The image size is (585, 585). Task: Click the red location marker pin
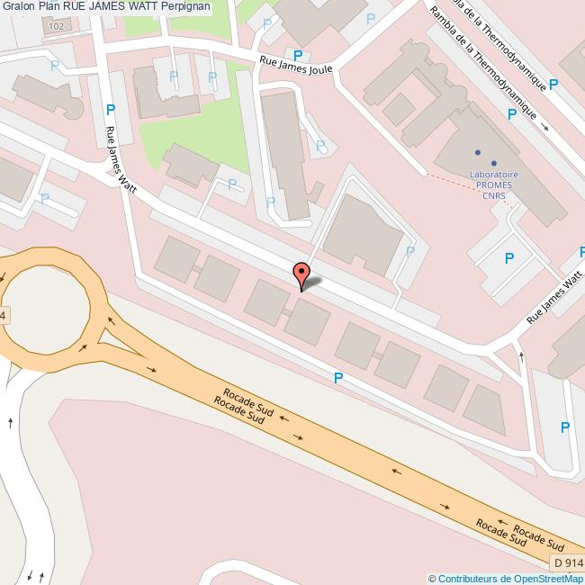(301, 274)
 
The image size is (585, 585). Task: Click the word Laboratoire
(494, 175)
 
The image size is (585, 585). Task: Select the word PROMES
(494, 186)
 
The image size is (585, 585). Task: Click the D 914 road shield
(568, 563)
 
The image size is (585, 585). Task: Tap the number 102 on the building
(57, 27)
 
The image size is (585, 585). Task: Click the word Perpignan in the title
(181, 6)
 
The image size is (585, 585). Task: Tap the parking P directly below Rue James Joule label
(298, 55)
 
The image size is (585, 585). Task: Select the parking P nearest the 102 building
(54, 66)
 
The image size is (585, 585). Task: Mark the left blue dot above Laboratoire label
(478, 152)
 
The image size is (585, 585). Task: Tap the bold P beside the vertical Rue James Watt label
(111, 110)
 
